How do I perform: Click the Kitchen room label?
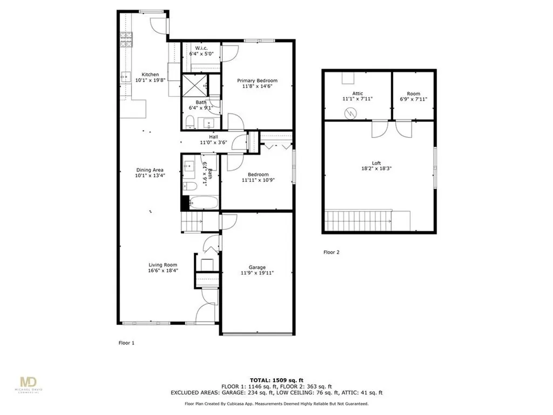click(150, 75)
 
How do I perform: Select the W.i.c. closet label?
click(202, 48)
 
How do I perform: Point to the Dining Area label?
click(150, 170)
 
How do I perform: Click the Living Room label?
click(163, 265)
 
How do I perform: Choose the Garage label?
click(257, 267)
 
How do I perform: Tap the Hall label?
click(213, 137)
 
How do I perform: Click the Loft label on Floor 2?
click(376, 162)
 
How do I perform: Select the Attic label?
click(357, 93)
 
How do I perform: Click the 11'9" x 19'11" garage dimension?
click(257, 273)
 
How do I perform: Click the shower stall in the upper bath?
click(194, 84)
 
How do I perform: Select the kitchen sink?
click(125, 77)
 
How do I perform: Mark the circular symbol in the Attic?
click(352, 113)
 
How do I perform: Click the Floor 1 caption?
click(126, 343)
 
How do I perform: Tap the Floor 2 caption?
click(331, 252)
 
